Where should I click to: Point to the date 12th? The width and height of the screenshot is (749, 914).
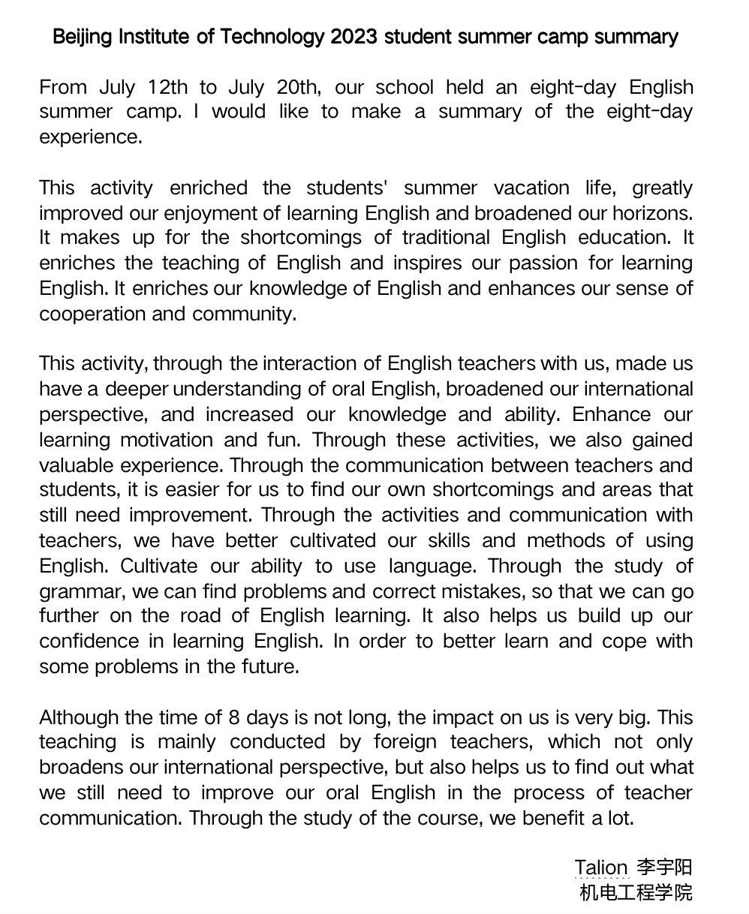coord(168,87)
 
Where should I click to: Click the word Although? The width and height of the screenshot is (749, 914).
coord(81,717)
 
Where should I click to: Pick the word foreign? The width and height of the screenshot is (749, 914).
coord(405,742)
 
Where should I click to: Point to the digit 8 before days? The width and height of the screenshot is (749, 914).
coord(234,717)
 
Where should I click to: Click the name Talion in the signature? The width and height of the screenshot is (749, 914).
coord(601,867)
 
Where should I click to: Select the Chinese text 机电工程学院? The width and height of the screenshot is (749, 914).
coord(636,893)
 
